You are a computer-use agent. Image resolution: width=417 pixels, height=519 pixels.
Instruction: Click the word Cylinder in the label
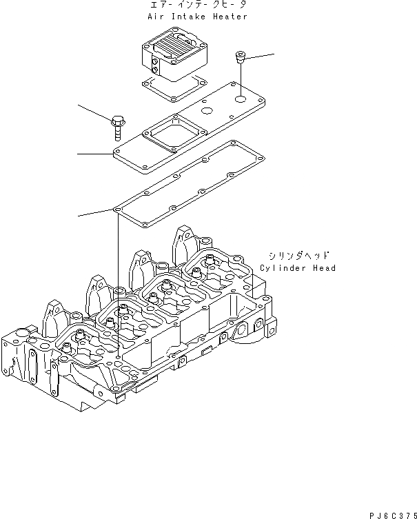pos(282,268)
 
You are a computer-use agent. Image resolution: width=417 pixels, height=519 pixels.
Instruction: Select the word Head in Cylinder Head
pos(324,268)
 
